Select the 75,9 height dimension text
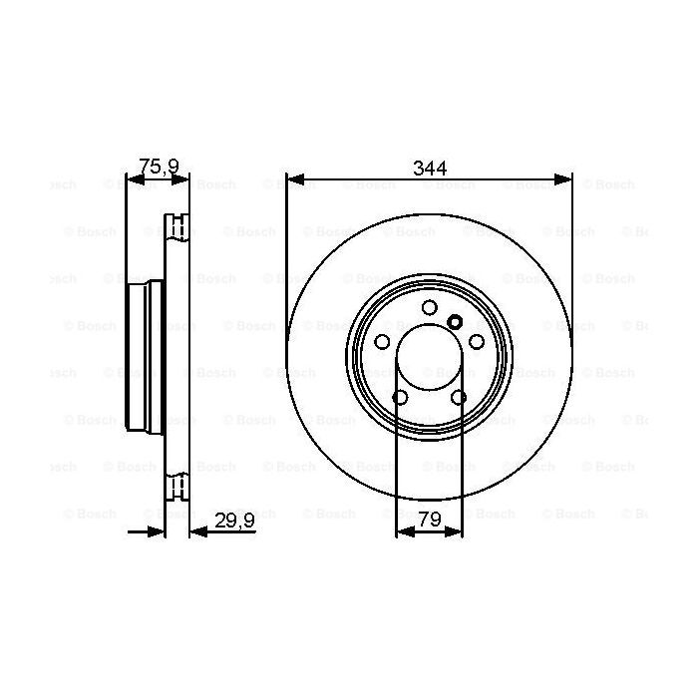point(157,168)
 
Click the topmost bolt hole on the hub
point(429,307)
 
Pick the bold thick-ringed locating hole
point(455,321)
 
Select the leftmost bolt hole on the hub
point(382,341)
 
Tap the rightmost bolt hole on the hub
point(476,341)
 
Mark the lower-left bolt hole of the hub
point(400,397)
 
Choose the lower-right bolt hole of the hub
point(458,397)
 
